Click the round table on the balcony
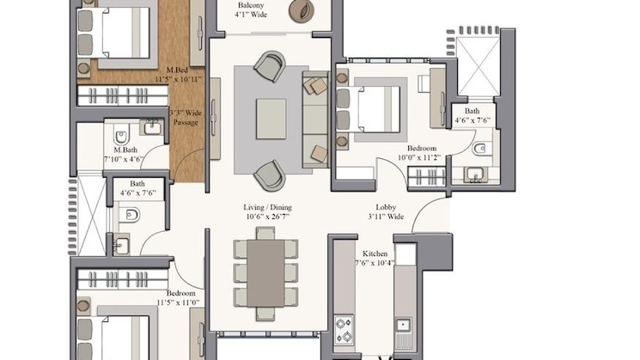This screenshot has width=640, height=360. point(302,10)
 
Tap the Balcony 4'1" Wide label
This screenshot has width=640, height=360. point(251,9)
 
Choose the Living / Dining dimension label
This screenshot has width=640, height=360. point(268,212)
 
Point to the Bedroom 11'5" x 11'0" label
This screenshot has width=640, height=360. point(178,298)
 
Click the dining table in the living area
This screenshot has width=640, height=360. point(265,273)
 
